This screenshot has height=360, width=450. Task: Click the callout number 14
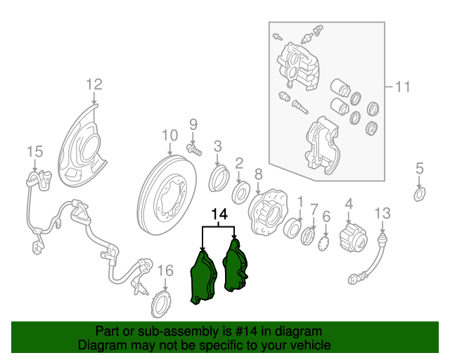pos(219,214)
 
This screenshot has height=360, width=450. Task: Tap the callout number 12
pos(94,84)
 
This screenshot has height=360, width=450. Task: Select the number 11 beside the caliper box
pos(403,86)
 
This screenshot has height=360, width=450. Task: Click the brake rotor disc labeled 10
pos(167,195)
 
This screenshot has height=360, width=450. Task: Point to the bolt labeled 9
pos(194,149)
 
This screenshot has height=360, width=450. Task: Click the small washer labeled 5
pos(420,194)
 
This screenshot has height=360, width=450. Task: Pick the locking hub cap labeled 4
pos(353,237)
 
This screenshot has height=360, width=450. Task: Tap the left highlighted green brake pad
pos(203,277)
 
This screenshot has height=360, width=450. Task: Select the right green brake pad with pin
pos(235,266)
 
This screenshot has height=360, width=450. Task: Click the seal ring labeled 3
pos(219,179)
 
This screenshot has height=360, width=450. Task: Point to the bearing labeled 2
pos(240,193)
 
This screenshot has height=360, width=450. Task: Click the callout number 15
pos(35,151)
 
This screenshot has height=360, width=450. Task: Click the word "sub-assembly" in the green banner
pos(180,331)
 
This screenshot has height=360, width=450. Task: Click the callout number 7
pos(314,210)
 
